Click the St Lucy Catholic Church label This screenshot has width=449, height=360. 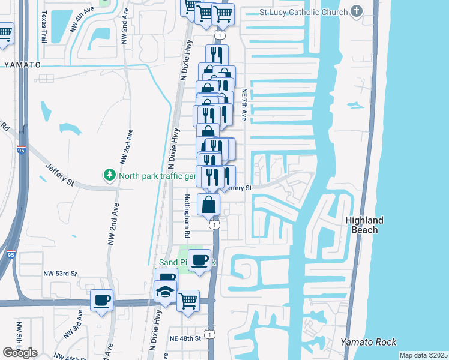(x=304, y=12)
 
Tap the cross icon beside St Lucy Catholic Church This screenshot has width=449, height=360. (x=357, y=11)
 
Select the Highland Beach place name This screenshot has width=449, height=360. (x=364, y=225)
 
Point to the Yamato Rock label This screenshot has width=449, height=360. (x=369, y=342)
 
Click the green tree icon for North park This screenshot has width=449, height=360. (x=110, y=175)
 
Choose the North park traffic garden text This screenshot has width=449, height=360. (x=157, y=176)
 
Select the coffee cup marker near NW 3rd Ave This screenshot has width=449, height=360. (x=101, y=299)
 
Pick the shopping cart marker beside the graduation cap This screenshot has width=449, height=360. (x=188, y=299)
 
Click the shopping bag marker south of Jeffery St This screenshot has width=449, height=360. (x=208, y=204)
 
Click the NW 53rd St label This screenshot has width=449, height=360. (x=60, y=274)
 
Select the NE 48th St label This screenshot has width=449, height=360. (x=185, y=338)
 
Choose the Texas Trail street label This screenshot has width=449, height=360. (x=43, y=26)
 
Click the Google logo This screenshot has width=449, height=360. (x=20, y=353)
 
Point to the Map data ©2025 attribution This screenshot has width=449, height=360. (x=423, y=355)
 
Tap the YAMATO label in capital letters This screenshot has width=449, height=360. (x=22, y=64)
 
